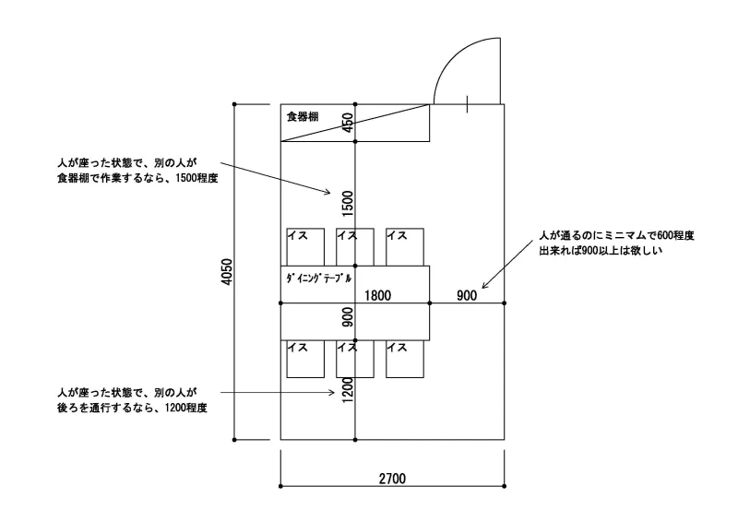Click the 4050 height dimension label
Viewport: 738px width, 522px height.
click(227, 272)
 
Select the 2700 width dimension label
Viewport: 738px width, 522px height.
click(392, 479)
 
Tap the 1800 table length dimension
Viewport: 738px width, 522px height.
click(377, 296)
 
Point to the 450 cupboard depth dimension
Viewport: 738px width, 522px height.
click(348, 123)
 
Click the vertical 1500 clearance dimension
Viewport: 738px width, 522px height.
click(348, 203)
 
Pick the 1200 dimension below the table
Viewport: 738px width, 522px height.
click(348, 390)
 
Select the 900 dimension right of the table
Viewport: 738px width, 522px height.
click(467, 296)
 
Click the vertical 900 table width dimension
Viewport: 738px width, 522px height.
click(348, 317)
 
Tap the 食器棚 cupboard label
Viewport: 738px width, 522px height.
click(303, 116)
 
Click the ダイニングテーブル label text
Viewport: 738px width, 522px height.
click(318, 279)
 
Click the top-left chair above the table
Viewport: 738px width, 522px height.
click(305, 247)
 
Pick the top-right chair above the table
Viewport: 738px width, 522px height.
click(405, 247)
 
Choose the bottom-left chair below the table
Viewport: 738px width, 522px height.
click(305, 359)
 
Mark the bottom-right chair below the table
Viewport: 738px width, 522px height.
click(405, 359)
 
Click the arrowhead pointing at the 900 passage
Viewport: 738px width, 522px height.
click(484, 286)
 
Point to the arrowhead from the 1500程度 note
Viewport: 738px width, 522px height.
click(328, 192)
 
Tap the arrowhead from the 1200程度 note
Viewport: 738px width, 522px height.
click(332, 392)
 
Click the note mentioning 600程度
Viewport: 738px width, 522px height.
click(616, 243)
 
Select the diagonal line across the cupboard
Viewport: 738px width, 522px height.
click(355, 123)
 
